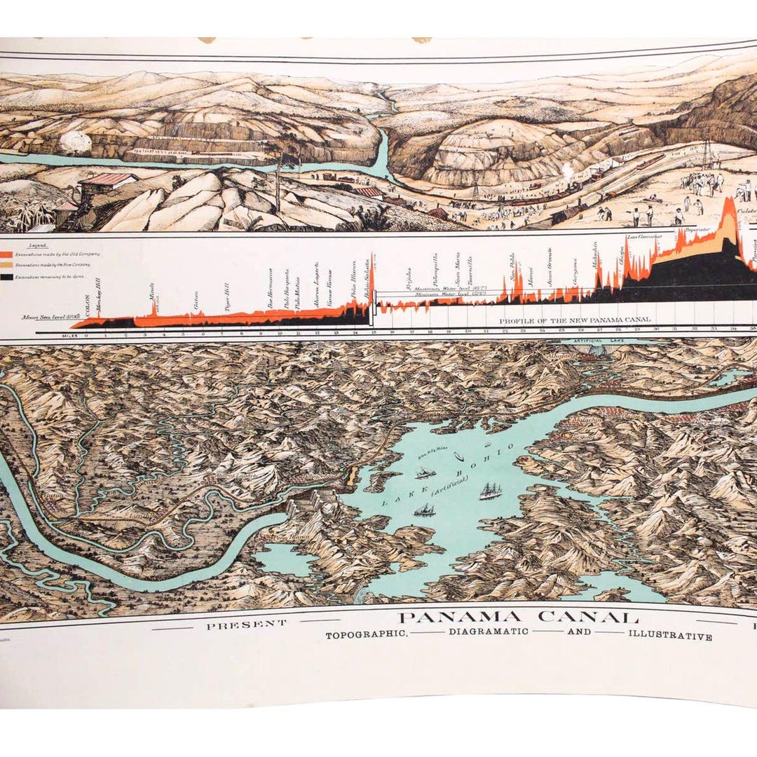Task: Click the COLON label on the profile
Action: (87, 308)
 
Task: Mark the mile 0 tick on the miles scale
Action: (86, 334)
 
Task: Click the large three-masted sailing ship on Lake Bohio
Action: (490, 491)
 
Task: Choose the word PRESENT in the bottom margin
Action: (246, 623)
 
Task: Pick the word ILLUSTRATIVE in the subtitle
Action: (670, 636)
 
